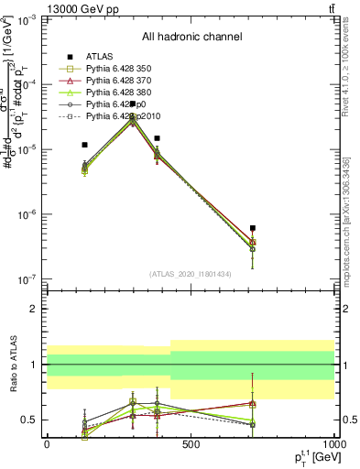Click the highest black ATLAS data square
pos(133,104)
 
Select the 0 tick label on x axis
pos(47,444)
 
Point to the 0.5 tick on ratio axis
pos(30,420)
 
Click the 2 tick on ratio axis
pos(35,309)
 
